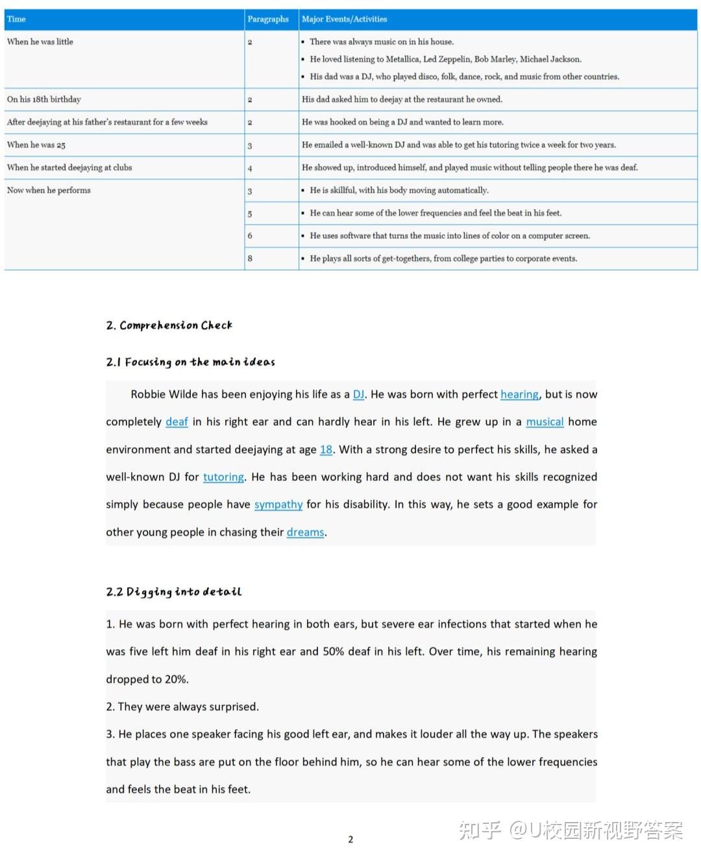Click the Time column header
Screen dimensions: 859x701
click(x=17, y=19)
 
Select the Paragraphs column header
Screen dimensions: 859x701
click(x=267, y=19)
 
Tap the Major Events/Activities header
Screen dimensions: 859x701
click(x=344, y=19)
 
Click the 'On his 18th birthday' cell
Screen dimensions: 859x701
click(x=44, y=99)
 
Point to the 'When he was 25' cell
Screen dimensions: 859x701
click(x=36, y=145)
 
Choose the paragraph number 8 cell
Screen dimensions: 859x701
click(x=250, y=258)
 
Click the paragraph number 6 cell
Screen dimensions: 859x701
click(x=250, y=236)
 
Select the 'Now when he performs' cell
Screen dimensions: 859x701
click(x=49, y=190)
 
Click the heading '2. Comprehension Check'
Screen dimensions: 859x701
click(x=169, y=325)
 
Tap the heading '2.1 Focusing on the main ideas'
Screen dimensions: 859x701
click(x=190, y=362)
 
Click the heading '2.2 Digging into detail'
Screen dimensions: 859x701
click(x=173, y=592)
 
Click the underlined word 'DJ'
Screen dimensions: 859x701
click(x=358, y=395)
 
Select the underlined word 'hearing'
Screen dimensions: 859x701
click(x=519, y=395)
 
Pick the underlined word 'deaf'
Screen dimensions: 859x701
click(x=177, y=422)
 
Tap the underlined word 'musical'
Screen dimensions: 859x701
click(x=545, y=422)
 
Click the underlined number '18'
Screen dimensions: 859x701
click(x=326, y=450)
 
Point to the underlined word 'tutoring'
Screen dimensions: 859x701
click(x=223, y=477)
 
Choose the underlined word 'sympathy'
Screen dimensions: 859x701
click(x=278, y=504)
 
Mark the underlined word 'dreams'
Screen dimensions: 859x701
click(x=305, y=532)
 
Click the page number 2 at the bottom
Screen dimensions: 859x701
click(x=350, y=840)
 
